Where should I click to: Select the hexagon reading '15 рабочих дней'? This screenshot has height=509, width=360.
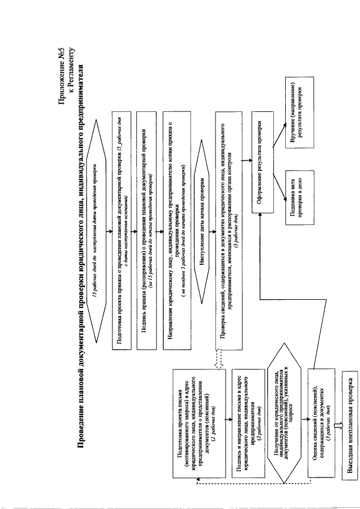point(99,236)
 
